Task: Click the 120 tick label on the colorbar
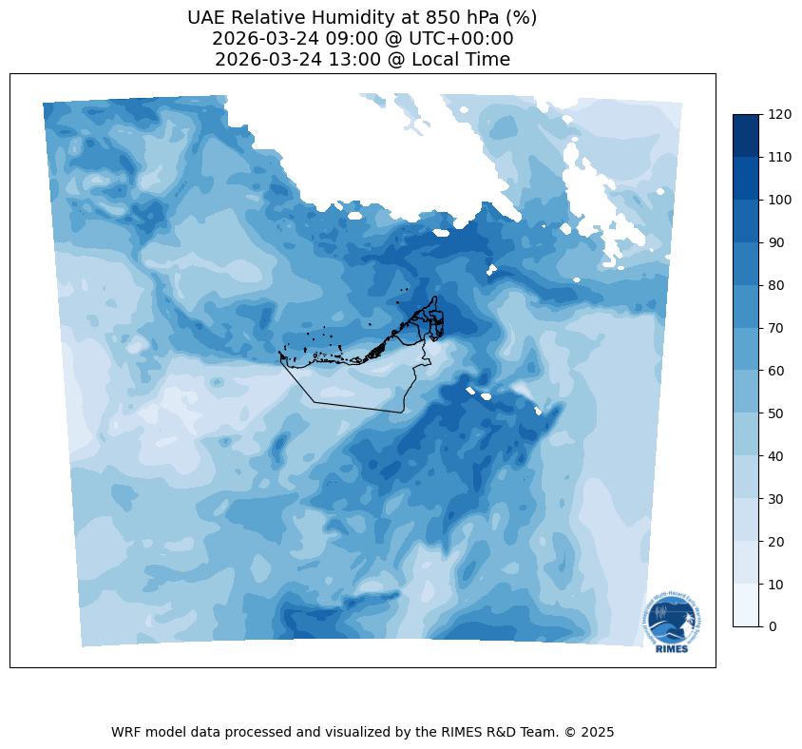click(x=780, y=114)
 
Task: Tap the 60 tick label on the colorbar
click(x=776, y=371)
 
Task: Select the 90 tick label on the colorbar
click(x=776, y=242)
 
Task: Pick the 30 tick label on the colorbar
click(x=776, y=498)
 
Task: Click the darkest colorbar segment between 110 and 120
click(x=747, y=135)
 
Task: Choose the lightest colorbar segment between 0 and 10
click(x=747, y=605)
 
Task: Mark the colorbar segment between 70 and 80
click(x=747, y=306)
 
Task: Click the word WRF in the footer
click(x=126, y=732)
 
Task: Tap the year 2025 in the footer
click(x=598, y=732)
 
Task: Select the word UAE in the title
click(x=206, y=17)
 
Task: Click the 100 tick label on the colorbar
click(x=780, y=200)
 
